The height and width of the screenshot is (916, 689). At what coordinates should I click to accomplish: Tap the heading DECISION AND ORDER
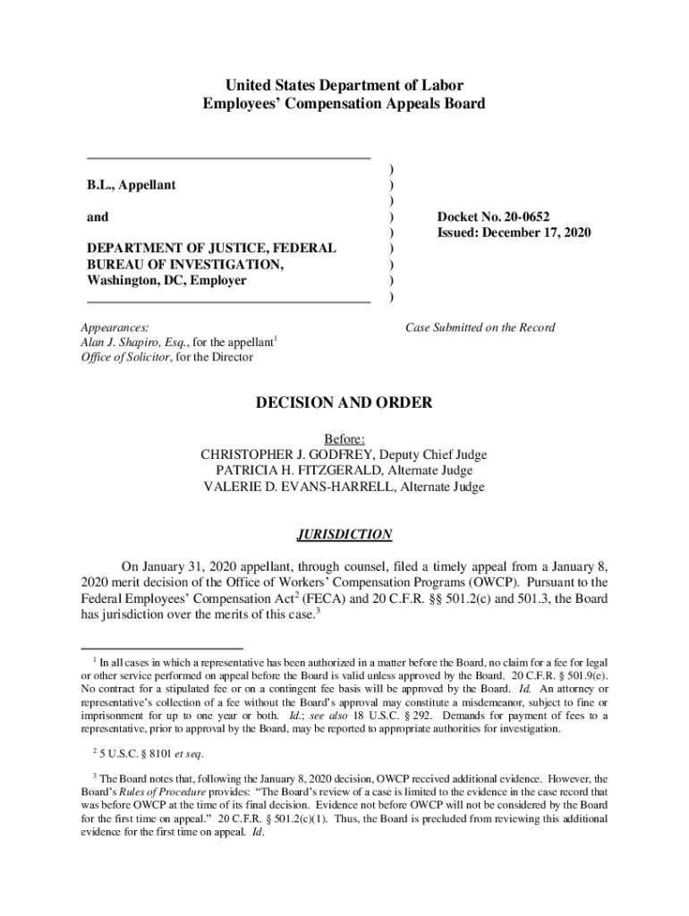pyautogui.click(x=344, y=403)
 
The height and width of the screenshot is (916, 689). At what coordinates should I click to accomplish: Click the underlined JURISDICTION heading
pyautogui.click(x=344, y=535)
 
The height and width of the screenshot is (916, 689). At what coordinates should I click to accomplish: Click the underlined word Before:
pyautogui.click(x=344, y=438)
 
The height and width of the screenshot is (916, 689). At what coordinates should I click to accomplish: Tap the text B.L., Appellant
pyautogui.click(x=131, y=185)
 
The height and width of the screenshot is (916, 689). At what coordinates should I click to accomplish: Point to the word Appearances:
pyautogui.click(x=115, y=327)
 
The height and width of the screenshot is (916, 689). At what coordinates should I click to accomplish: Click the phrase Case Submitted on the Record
pyautogui.click(x=481, y=327)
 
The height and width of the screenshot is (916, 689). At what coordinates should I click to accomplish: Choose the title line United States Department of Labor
pyautogui.click(x=344, y=86)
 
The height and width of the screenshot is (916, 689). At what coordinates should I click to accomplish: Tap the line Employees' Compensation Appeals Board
pyautogui.click(x=344, y=104)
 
